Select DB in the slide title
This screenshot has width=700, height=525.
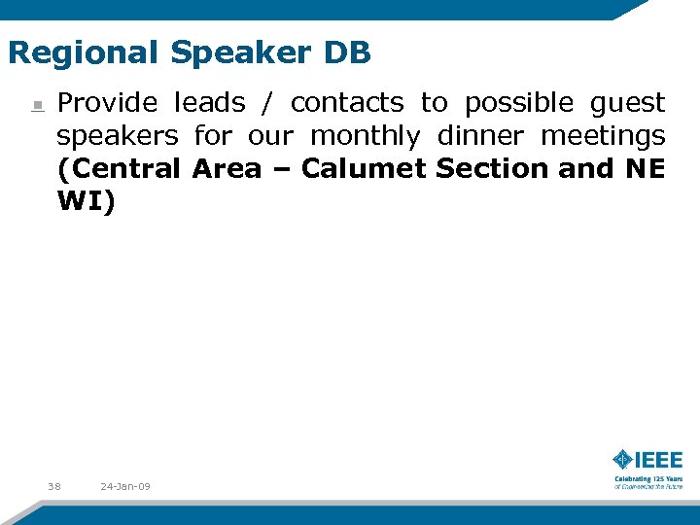point(348,52)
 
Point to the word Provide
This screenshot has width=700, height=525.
point(107,102)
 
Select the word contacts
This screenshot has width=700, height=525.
point(346,102)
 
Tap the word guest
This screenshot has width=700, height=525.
point(627,102)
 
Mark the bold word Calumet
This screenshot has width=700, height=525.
point(365,168)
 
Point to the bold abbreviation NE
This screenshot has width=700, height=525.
point(645,168)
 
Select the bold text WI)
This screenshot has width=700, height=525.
point(86,202)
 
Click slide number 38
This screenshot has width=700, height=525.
point(53,485)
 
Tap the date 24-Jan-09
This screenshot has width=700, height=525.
point(125,485)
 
